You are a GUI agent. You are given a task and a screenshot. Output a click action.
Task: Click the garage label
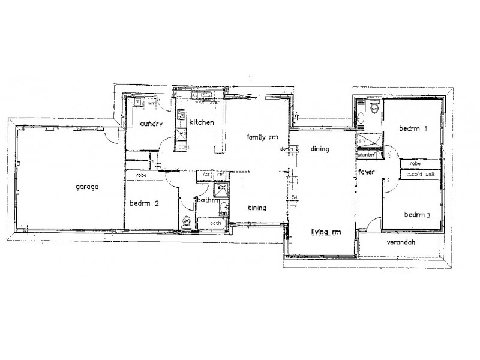[x=87, y=187]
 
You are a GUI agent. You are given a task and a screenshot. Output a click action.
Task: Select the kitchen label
[x=202, y=122]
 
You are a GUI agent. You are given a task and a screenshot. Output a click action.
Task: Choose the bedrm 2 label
[x=144, y=204]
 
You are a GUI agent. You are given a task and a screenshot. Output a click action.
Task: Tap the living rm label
[x=326, y=231]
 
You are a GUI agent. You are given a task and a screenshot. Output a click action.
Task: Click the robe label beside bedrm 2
[x=142, y=175]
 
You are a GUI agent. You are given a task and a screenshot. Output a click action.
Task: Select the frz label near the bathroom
[x=206, y=175]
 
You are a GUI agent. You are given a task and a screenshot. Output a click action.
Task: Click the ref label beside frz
[x=221, y=175]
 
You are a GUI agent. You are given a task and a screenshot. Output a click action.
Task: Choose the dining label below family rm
[x=257, y=208]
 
